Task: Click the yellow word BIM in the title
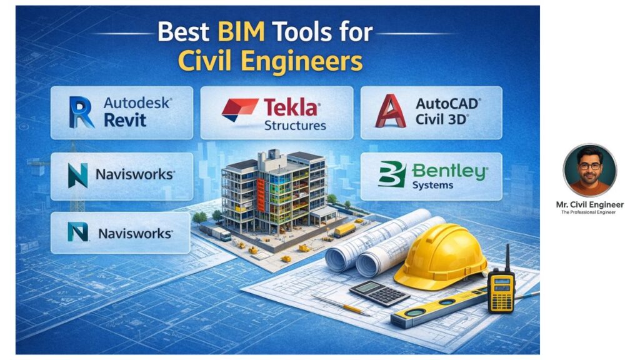click(241, 31)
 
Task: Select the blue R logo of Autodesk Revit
click(81, 112)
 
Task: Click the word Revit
click(125, 120)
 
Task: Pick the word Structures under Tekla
click(295, 125)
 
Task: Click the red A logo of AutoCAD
click(390, 111)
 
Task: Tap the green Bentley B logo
click(392, 174)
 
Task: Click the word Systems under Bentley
click(432, 185)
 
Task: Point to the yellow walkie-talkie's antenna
click(507, 257)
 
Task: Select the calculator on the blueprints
click(379, 292)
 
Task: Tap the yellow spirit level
click(439, 307)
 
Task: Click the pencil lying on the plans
click(341, 305)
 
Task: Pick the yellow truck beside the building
click(344, 230)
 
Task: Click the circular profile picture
click(589, 171)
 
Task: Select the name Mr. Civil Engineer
click(589, 204)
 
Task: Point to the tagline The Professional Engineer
click(588, 212)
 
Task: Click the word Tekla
click(292, 107)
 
